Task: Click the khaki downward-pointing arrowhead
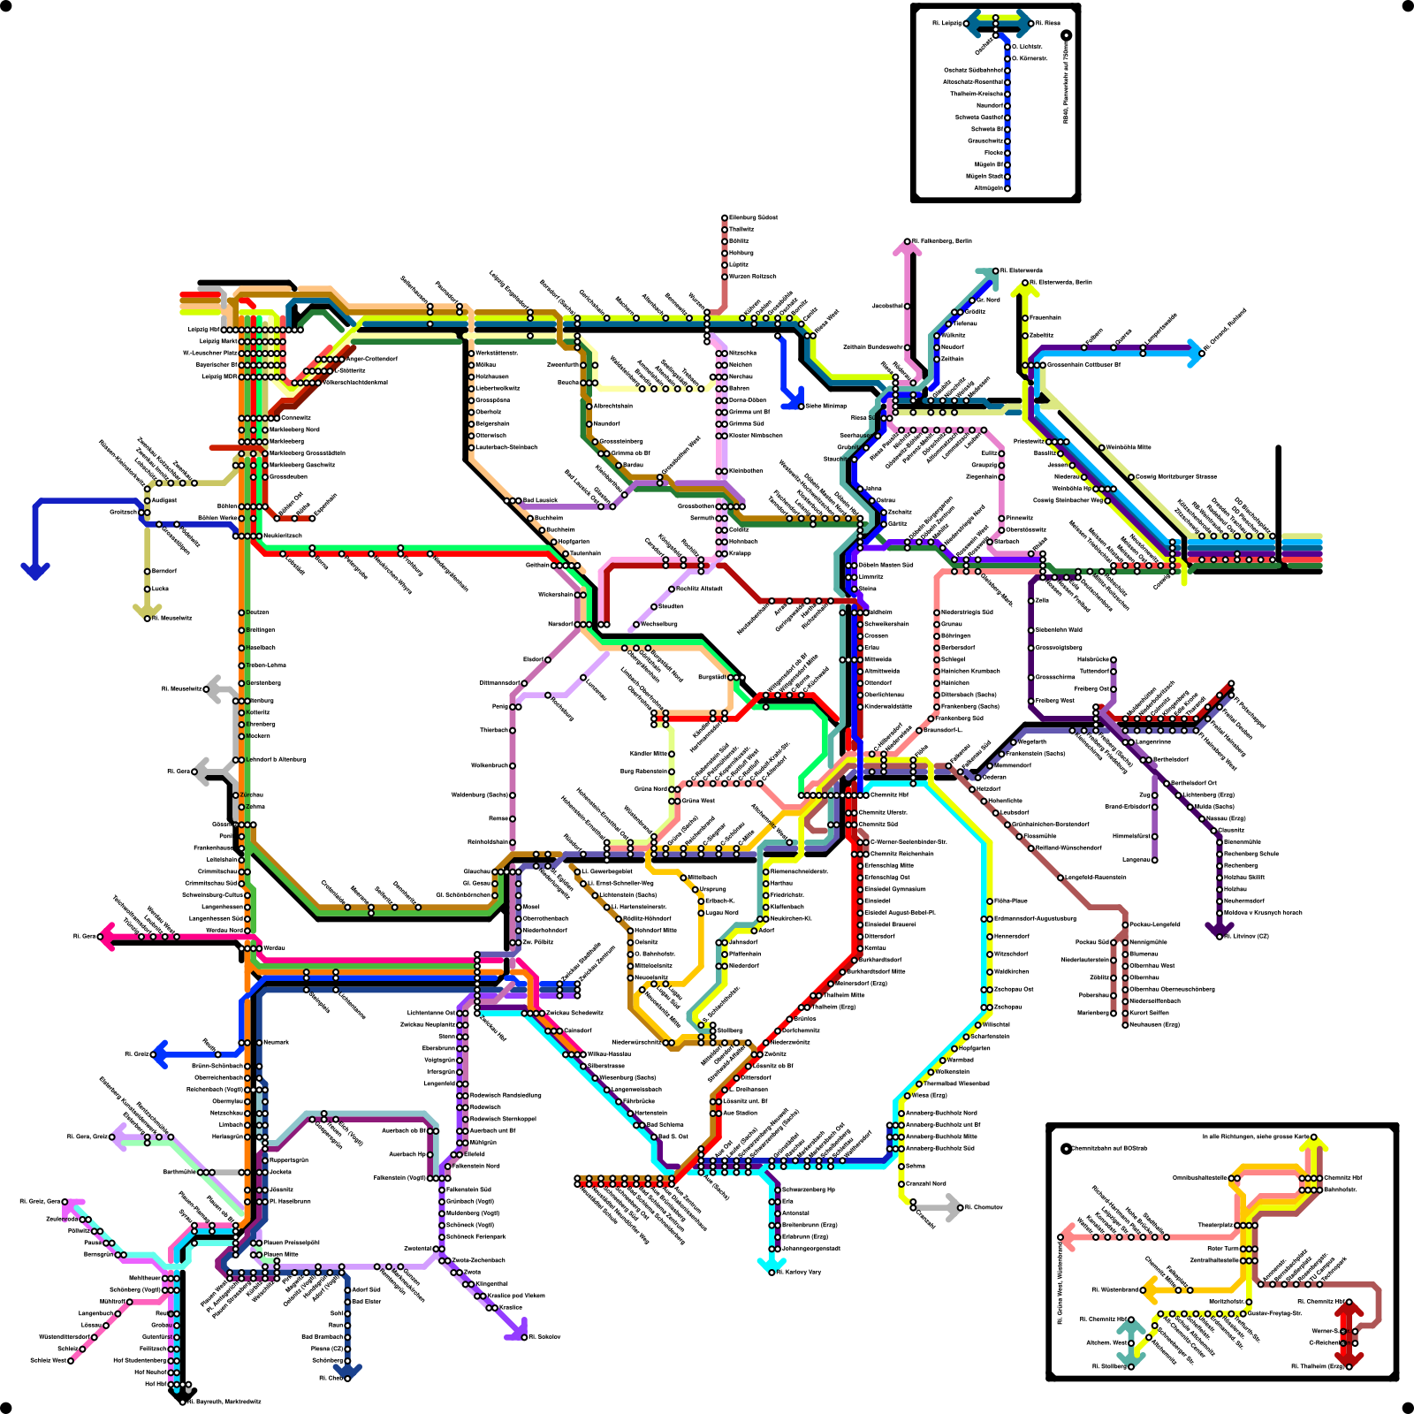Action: tap(148, 609)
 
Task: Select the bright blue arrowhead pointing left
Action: tap(160, 1054)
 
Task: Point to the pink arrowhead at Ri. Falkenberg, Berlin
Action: tap(907, 250)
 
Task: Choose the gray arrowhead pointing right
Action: tap(953, 1207)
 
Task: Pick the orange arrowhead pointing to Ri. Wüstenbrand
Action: tap(1150, 1290)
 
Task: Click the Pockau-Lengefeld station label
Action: tap(1154, 924)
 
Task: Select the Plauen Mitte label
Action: tap(281, 1254)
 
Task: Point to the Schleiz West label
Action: tap(49, 1360)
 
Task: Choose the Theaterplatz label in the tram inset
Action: tap(1215, 1225)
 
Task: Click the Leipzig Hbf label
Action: tap(204, 330)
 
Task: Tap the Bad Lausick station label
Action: tap(540, 500)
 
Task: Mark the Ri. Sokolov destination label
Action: tap(544, 1336)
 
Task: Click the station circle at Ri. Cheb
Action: tap(347, 1378)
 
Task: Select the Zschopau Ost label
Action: tap(1014, 989)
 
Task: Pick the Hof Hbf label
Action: tap(156, 1384)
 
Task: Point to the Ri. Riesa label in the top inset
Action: tap(1048, 23)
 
